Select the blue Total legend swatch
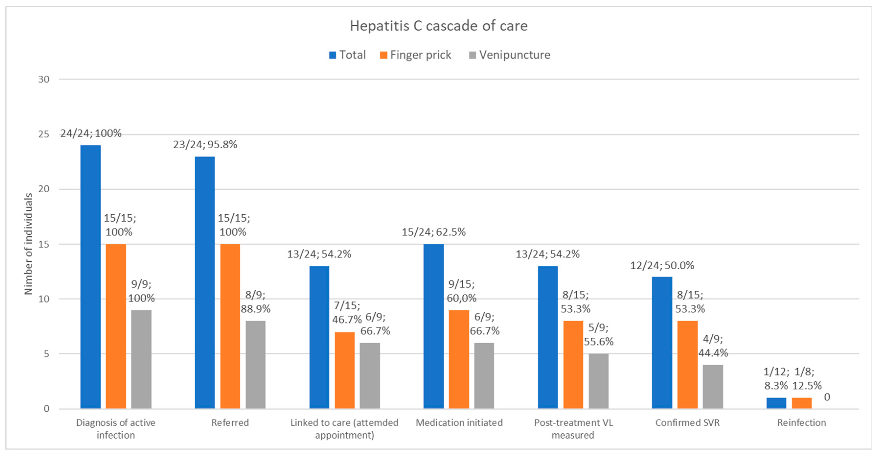332,55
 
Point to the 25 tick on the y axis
44,134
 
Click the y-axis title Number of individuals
29,244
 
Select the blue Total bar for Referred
205,282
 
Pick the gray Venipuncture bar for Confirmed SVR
713,387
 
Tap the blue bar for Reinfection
776,403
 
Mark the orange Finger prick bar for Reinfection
801,403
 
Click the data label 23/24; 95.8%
205,145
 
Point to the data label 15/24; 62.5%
433,232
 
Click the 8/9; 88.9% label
255,302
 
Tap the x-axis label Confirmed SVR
687,423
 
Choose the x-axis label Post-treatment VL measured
573,429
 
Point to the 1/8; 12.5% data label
806,378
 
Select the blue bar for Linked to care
319,337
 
